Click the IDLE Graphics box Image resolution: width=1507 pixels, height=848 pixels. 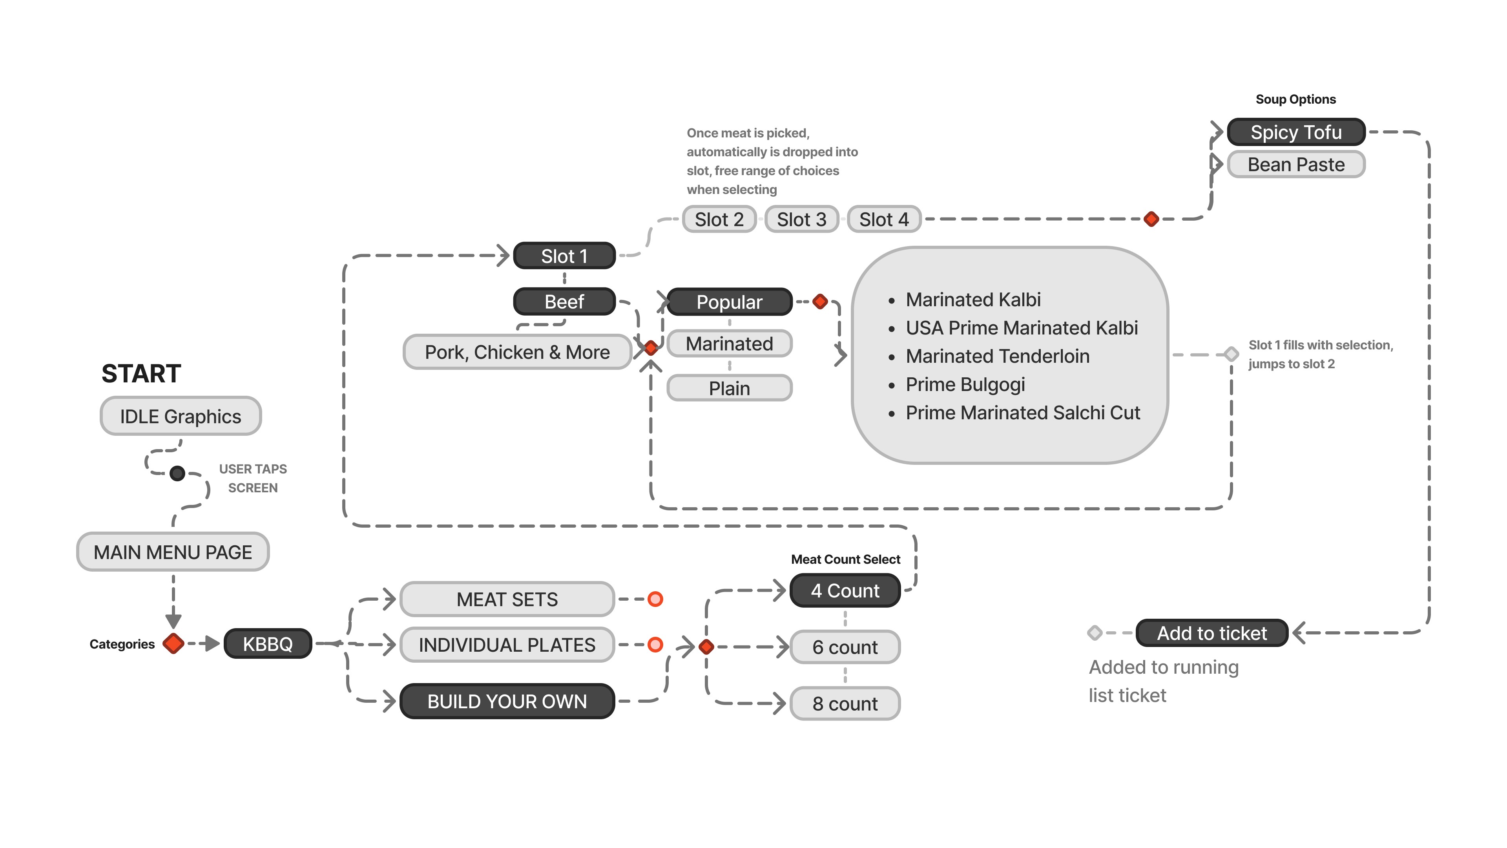180,416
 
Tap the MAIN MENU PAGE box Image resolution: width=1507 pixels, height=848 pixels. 173,552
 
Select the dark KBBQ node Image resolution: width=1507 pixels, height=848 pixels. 267,644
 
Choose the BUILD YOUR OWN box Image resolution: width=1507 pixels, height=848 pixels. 507,701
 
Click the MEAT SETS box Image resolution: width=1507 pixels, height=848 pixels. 507,599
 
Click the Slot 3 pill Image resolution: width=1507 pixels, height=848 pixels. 801,219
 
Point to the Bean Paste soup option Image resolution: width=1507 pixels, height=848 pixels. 1296,164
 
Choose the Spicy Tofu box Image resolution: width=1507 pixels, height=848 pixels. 1296,132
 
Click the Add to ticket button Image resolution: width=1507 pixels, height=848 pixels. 1211,632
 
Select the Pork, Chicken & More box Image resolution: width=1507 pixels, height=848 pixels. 517,352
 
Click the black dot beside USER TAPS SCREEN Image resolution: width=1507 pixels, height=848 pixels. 177,473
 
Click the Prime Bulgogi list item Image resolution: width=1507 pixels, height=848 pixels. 965,384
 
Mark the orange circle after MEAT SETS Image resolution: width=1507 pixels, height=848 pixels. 655,599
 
